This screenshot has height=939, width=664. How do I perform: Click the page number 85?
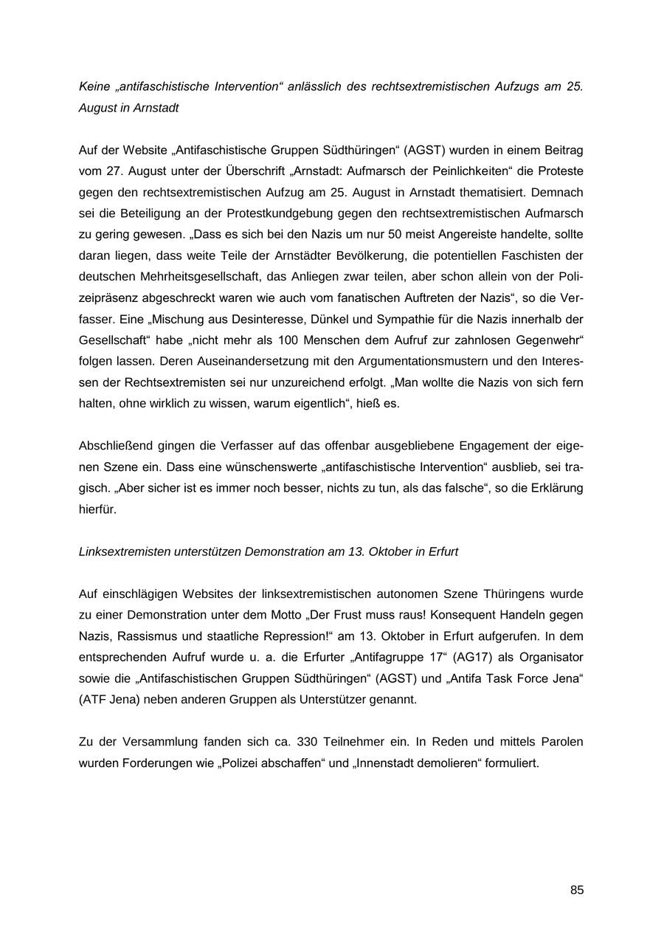tap(577, 890)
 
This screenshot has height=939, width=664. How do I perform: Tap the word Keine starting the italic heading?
tap(94, 86)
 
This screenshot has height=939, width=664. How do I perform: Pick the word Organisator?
tap(550, 657)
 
